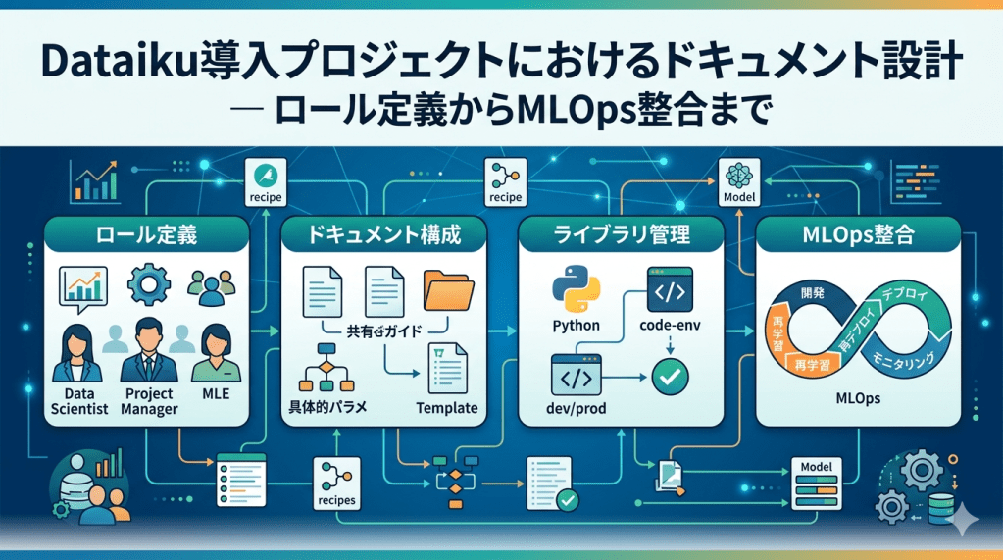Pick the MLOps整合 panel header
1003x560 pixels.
[860, 236]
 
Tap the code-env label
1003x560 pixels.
[670, 325]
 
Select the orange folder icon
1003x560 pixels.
[449, 289]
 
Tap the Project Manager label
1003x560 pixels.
[149, 401]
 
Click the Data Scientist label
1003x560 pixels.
[77, 401]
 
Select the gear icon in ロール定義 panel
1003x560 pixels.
[149, 285]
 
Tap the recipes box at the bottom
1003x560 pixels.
[336, 484]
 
